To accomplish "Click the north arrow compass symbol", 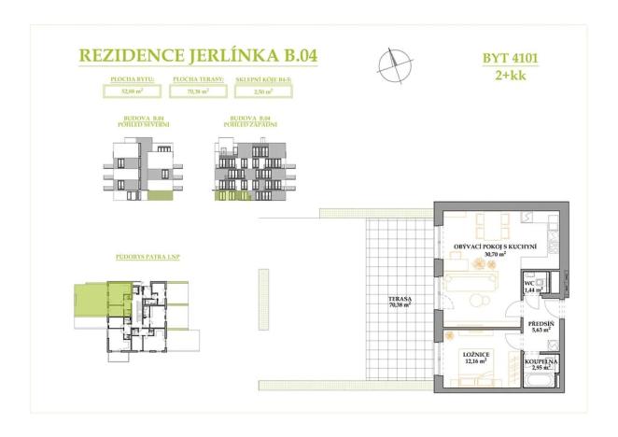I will coord(394,63).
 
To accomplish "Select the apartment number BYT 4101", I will coord(512,58).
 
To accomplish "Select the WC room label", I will coord(529,284).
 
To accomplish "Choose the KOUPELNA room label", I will coord(541,360).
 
